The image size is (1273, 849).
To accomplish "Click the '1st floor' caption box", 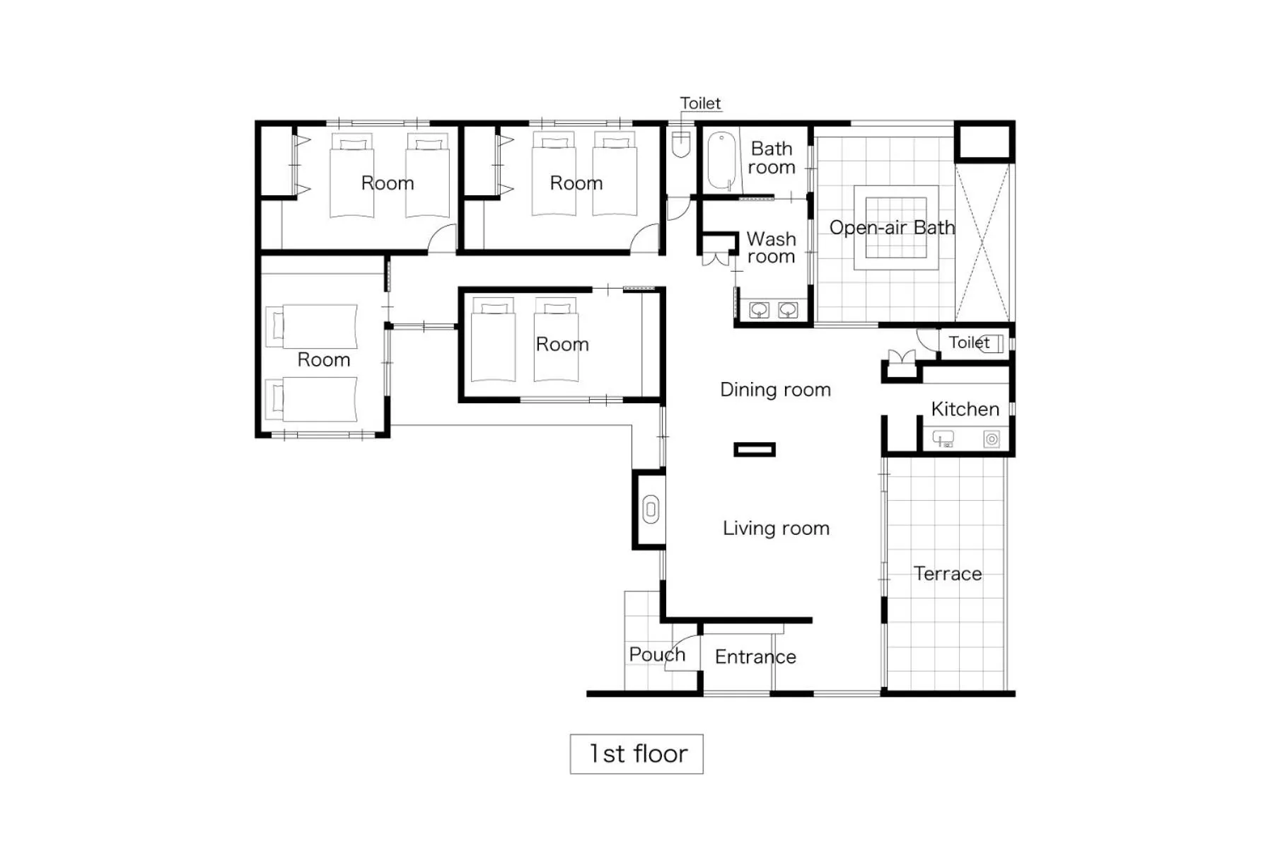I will (x=636, y=753).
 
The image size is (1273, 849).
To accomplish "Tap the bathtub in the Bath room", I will (x=721, y=161).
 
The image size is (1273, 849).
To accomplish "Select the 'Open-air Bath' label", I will (x=891, y=228).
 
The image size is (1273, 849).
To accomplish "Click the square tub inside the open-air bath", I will (x=896, y=228).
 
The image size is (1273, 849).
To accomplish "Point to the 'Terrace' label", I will (x=947, y=573).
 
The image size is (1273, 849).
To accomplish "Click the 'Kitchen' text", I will (x=965, y=409).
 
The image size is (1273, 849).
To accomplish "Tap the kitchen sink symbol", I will (x=943, y=439).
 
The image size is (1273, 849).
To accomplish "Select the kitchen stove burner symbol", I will (x=992, y=439).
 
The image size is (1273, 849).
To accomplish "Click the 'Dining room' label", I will (x=775, y=390).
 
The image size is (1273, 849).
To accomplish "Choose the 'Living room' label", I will (x=776, y=529).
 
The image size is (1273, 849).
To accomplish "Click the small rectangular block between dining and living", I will (x=755, y=449).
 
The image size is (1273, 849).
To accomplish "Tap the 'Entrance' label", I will (x=755, y=657).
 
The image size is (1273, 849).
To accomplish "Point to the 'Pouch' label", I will (x=657, y=654).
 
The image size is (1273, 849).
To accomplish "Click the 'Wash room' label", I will (x=771, y=248).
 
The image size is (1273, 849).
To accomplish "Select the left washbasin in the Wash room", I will (x=759, y=310).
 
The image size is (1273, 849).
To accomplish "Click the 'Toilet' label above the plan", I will (x=700, y=103).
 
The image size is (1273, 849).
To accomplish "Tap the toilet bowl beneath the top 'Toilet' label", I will (x=680, y=144).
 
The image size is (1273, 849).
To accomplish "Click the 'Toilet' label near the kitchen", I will (x=968, y=342).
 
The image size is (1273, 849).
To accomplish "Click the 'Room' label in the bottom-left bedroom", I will (x=324, y=359).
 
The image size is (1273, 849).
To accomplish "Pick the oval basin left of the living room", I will (x=651, y=510).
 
